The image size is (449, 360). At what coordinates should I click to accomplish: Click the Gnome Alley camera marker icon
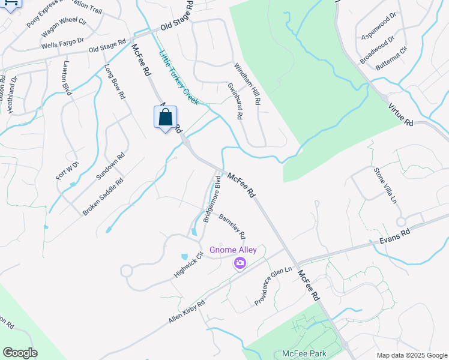[x=240, y=263]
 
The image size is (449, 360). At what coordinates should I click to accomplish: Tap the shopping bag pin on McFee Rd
[x=165, y=118]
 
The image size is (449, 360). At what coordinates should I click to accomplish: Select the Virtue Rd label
[x=401, y=113]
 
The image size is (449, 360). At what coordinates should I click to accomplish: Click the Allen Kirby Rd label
[x=187, y=313]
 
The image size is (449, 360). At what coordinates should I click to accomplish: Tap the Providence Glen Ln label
[x=273, y=286]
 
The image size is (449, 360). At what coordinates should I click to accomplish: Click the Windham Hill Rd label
[x=247, y=85]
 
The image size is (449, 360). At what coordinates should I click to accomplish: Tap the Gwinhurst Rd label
[x=234, y=101]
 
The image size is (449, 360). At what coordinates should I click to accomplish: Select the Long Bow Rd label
[x=115, y=81]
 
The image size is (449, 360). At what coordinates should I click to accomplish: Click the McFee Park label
[x=303, y=354]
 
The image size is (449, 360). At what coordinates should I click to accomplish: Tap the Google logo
[x=20, y=353]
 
